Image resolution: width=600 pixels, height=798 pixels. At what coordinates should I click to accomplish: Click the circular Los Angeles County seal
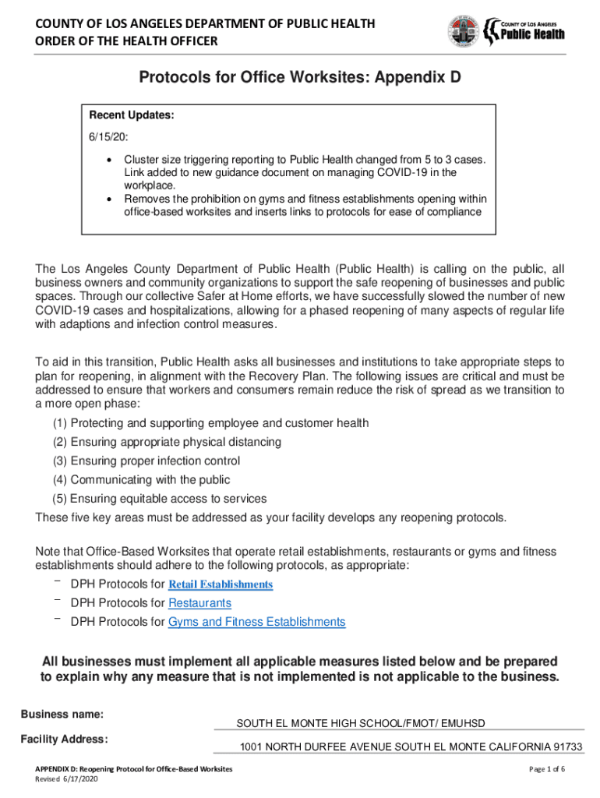click(x=464, y=31)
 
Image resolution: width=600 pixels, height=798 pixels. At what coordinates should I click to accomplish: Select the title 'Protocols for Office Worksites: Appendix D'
click(x=300, y=78)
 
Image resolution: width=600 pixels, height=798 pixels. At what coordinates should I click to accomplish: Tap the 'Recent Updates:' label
click(x=132, y=115)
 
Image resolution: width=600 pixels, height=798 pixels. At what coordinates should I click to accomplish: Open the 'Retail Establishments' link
click(x=221, y=584)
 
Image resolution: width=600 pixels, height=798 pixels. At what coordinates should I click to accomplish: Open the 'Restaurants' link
click(x=199, y=603)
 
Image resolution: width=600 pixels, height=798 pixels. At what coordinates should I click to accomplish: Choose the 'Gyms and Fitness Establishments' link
click(x=256, y=622)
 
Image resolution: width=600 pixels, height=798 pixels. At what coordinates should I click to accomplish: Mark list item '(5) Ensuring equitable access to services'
click(x=159, y=498)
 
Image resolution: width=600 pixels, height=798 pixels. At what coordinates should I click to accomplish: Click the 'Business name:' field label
click(x=62, y=714)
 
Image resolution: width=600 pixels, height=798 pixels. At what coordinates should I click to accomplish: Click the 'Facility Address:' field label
click(x=64, y=739)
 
